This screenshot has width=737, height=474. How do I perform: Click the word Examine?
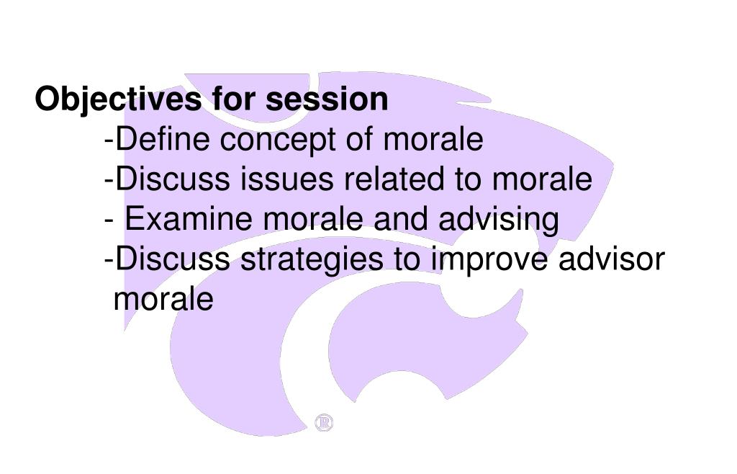[x=189, y=219]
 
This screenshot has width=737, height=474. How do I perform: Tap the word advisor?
[x=612, y=259]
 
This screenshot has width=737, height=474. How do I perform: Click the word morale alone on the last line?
[x=164, y=298]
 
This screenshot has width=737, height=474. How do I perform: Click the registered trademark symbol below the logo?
[x=324, y=423]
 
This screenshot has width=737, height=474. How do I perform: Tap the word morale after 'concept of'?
[x=433, y=139]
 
